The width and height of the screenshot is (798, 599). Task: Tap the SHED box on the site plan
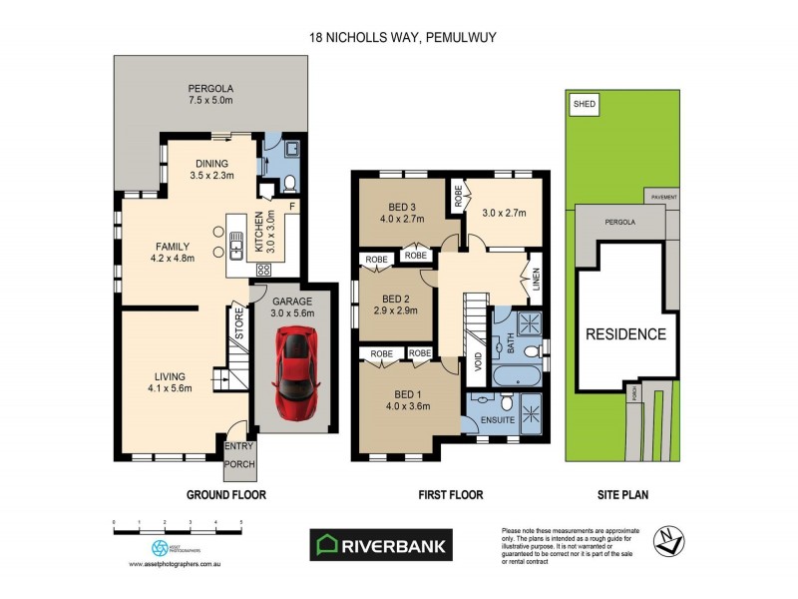click(579, 103)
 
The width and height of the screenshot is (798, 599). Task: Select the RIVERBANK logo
click(382, 544)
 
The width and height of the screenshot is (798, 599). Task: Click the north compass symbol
click(668, 539)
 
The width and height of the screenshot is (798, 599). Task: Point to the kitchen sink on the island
click(236, 242)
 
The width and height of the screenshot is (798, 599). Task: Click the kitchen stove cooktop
click(265, 270)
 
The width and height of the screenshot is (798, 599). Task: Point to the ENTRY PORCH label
click(239, 454)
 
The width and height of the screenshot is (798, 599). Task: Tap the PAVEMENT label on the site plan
click(663, 198)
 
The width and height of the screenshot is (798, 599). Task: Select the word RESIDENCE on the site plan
click(625, 334)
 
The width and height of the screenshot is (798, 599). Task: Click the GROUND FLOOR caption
click(225, 494)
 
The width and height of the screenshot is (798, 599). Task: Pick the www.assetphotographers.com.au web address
click(175, 564)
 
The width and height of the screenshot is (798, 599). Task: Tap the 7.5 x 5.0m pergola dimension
click(210, 100)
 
